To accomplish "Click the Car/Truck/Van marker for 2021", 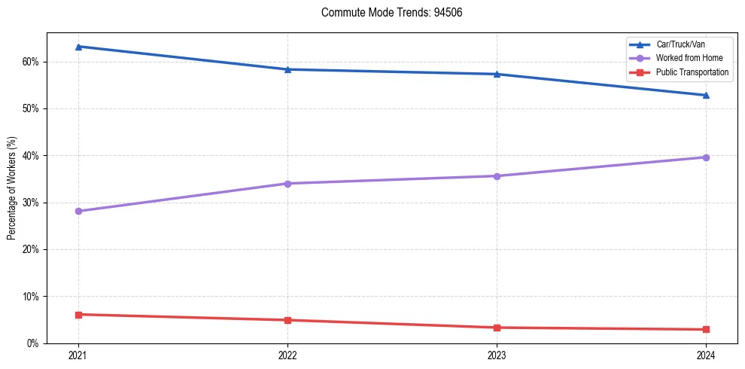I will point(78,47).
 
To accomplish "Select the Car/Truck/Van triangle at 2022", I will point(287,69).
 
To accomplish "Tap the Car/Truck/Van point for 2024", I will point(706,95).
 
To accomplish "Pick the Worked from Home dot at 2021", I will point(78,211).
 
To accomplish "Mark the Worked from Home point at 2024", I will point(706,157).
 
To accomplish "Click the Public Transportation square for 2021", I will point(78,314).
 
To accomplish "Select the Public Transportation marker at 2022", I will point(287,320).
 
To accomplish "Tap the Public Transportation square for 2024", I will point(706,329).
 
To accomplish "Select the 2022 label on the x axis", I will point(287,355).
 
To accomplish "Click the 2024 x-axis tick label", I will point(706,355).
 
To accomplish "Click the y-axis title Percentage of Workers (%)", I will point(12,188).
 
